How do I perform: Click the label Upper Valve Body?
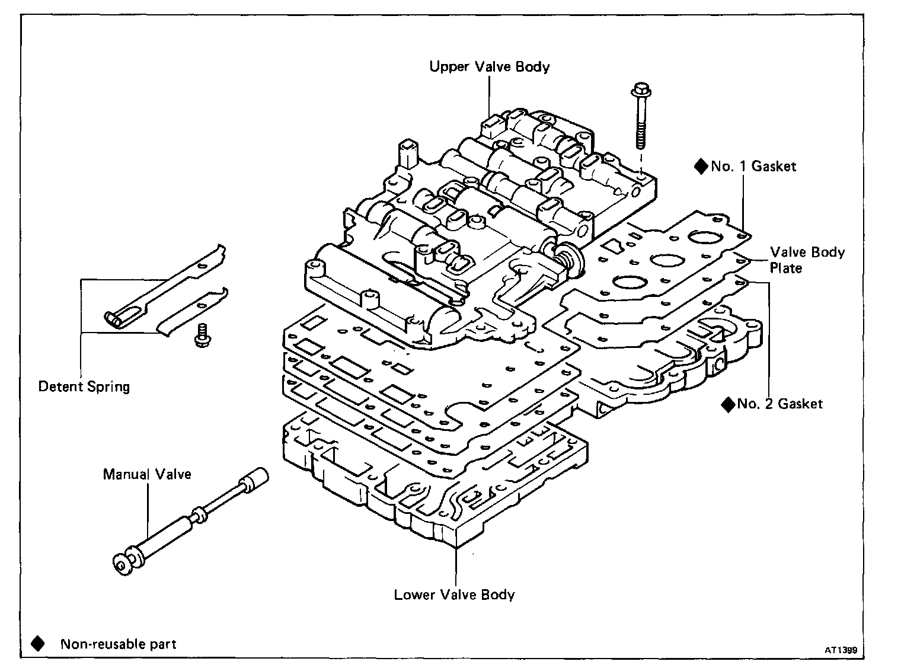[489, 66]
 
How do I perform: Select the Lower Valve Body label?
[454, 595]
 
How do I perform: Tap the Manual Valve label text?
[147, 474]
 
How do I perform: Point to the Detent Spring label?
[84, 387]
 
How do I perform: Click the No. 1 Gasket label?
[753, 167]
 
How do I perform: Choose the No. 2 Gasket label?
[779, 404]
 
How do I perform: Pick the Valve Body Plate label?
[806, 260]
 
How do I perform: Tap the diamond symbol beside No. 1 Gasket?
[701, 167]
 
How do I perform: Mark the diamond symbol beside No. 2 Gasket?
[728, 404]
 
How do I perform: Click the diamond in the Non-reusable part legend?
[38, 644]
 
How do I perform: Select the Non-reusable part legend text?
[118, 644]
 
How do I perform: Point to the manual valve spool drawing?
[190, 522]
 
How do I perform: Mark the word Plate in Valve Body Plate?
[786, 269]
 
